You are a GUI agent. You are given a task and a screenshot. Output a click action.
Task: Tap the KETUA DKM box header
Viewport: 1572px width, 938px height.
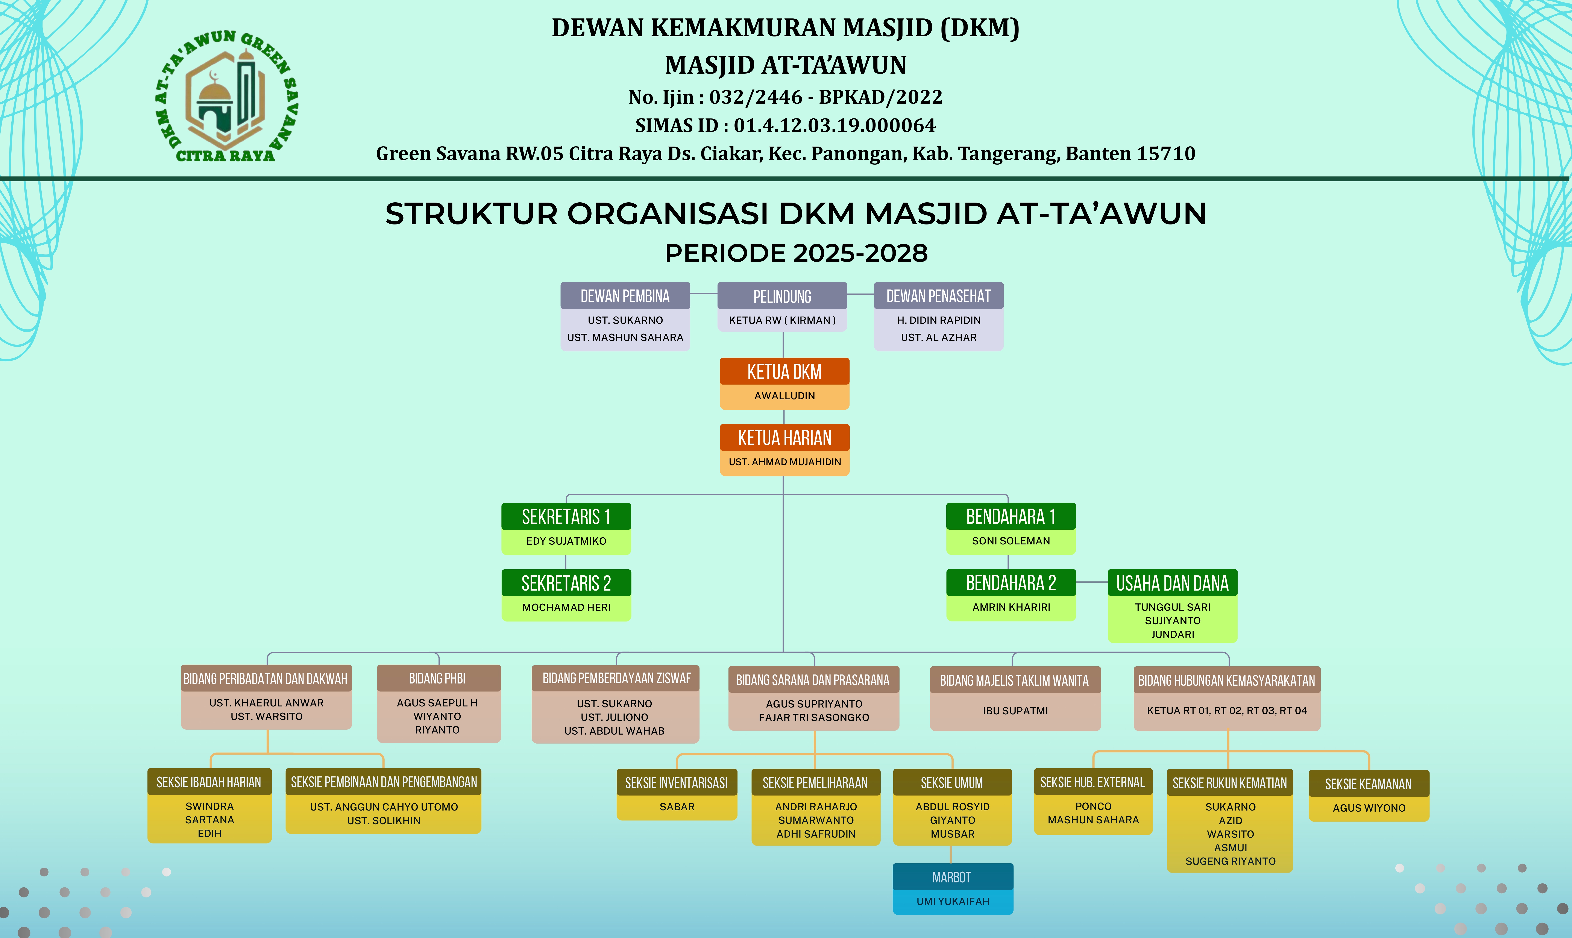pos(784,372)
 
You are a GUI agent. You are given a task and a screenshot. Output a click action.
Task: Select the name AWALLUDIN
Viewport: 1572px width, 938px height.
pos(784,396)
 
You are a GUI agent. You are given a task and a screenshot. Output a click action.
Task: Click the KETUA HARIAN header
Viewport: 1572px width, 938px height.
pos(784,437)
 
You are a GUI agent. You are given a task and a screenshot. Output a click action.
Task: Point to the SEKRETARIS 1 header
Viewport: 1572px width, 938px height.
pos(566,516)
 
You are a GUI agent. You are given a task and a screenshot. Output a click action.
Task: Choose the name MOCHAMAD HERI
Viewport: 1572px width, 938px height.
pos(566,608)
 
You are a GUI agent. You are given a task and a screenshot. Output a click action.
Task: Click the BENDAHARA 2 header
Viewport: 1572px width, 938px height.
pos(1011,583)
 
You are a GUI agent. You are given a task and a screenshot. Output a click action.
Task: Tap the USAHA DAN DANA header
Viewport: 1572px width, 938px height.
pos(1173,583)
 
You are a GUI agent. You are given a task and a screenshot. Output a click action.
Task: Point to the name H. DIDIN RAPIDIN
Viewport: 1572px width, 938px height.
pos(939,320)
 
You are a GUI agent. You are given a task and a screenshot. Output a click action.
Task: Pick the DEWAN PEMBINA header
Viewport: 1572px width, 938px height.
pos(625,296)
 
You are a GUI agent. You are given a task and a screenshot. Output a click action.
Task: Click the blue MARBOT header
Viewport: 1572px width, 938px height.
pos(953,877)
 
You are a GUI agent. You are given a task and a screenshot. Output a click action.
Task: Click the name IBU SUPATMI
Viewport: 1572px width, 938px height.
pos(1015,711)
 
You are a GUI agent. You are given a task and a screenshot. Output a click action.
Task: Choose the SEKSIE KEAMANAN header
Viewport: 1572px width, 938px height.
pos(1369,784)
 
